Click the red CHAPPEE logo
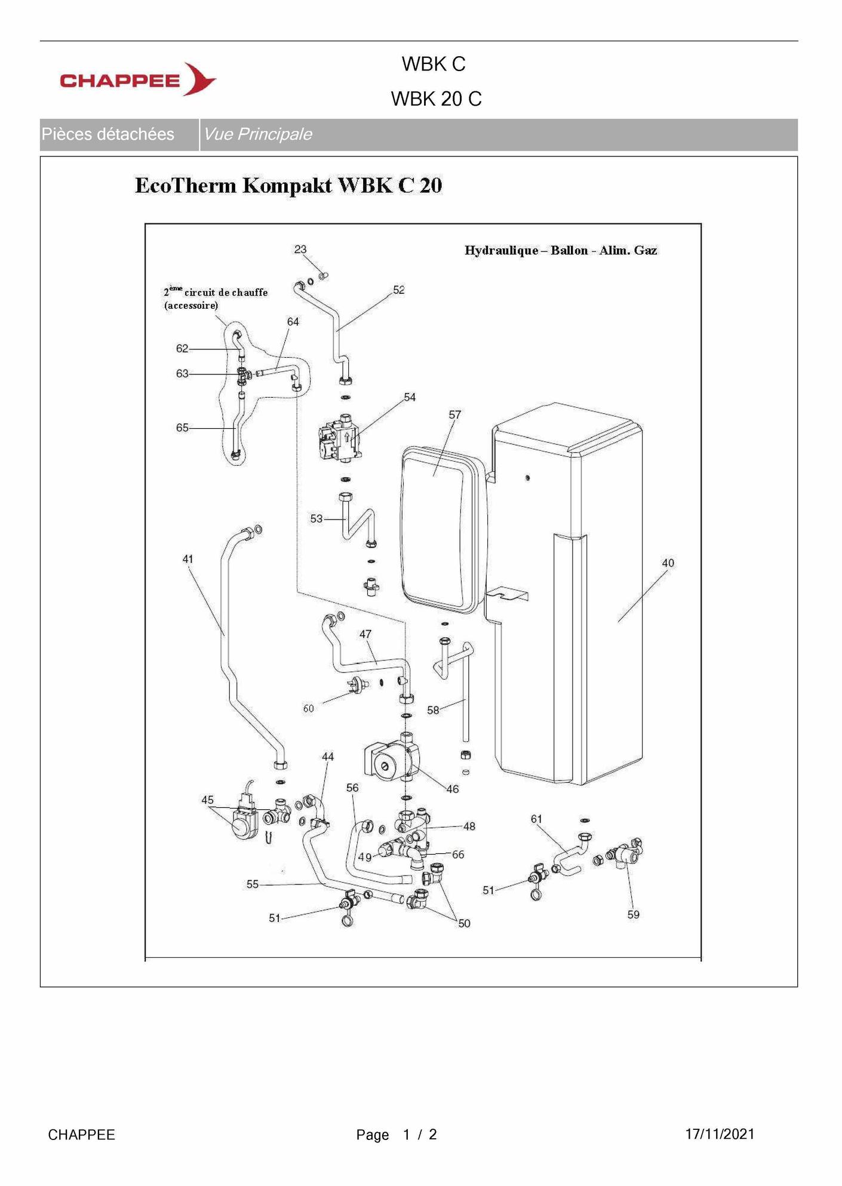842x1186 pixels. pos(138,79)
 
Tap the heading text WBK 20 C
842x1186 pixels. pos(436,99)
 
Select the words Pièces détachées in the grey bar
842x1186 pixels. pos(108,134)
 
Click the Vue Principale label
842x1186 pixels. pos(258,134)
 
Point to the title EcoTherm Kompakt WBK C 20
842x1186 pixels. pos(288,186)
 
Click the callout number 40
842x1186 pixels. pos(668,563)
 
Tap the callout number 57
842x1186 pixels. pos(455,414)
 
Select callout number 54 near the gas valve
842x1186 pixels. pos(410,397)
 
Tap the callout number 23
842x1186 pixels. pos(300,250)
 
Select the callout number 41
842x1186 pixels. pos(188,560)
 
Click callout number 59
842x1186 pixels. pos(633,914)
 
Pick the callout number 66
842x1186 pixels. pos(458,855)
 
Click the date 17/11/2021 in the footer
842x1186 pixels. pos(720,1134)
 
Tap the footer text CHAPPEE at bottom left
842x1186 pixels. pos(81,1135)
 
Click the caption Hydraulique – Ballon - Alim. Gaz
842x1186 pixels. pos(561,251)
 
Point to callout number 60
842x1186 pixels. pos(308,709)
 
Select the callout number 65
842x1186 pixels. pos(182,428)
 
